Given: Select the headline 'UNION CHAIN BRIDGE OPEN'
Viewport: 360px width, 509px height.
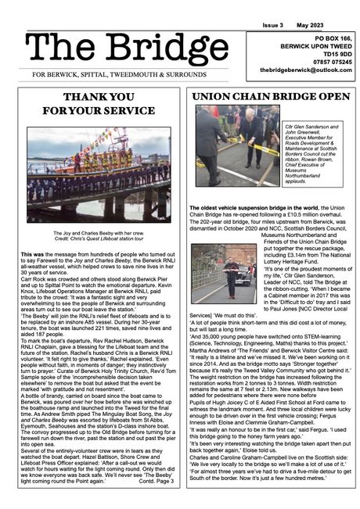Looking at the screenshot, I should [x=271, y=97].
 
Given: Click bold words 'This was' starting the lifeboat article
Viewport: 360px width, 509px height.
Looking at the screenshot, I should [x=33, y=255].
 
